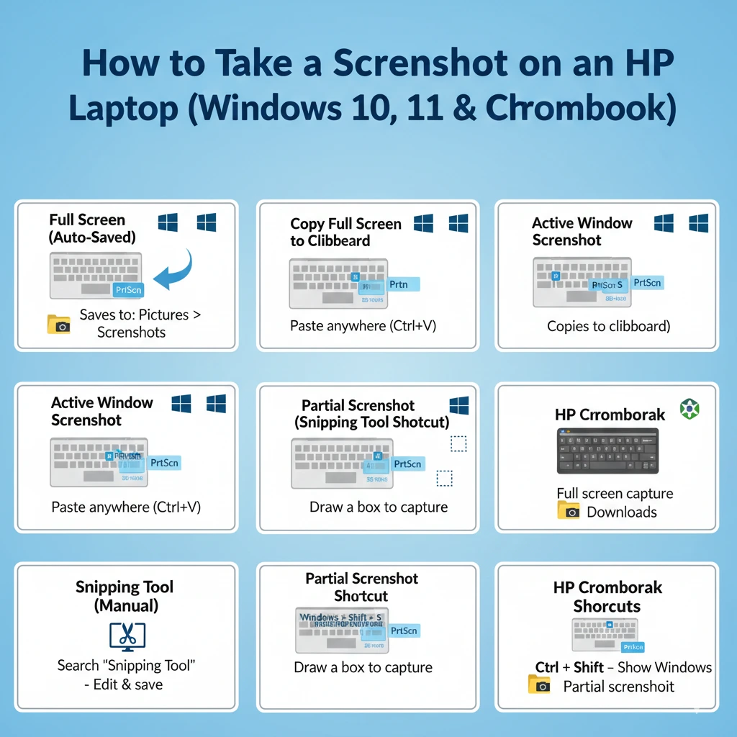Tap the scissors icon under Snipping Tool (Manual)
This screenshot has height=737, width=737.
(127, 636)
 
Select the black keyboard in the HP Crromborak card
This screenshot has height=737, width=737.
(607, 451)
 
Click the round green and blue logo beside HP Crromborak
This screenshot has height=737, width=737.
(689, 410)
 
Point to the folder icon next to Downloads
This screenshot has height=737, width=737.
(569, 510)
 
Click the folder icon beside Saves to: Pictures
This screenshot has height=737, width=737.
(58, 324)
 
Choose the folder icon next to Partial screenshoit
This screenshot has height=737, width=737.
(539, 684)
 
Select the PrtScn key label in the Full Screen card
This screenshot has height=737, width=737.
(129, 289)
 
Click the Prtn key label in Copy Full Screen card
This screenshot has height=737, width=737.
(398, 284)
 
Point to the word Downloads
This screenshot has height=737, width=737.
(621, 512)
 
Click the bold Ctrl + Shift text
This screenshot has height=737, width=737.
(569, 667)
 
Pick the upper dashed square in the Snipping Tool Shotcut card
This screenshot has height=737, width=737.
(458, 443)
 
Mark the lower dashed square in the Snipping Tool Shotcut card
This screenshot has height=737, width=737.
(445, 479)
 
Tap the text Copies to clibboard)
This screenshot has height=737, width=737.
(608, 326)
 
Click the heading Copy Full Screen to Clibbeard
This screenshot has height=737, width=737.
(345, 232)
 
